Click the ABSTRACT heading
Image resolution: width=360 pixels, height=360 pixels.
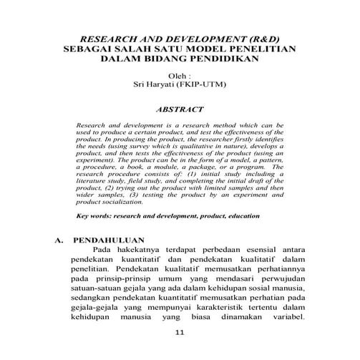180,110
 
